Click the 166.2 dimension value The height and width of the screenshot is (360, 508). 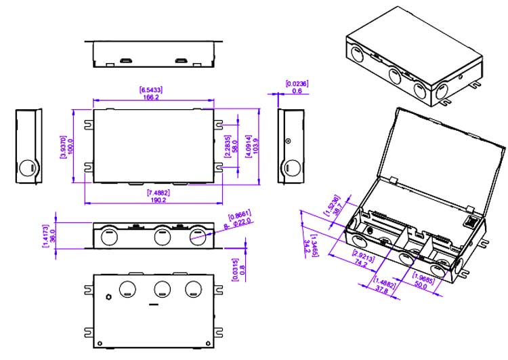coord(152,98)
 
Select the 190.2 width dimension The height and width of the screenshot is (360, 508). coord(153,201)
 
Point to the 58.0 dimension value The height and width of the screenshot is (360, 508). coord(234,146)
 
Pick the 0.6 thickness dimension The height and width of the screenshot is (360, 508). coord(296,91)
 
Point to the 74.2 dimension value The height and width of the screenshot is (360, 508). coord(360,264)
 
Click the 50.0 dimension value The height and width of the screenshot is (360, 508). coord(420,285)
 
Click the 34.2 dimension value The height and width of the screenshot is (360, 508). coord(308,243)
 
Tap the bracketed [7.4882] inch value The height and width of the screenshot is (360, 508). coord(153,193)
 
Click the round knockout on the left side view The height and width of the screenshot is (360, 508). coord(28,167)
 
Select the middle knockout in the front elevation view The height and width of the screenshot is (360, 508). coord(162,237)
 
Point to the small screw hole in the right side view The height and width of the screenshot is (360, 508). coord(288,142)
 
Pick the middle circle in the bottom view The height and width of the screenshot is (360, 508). coord(162,289)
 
